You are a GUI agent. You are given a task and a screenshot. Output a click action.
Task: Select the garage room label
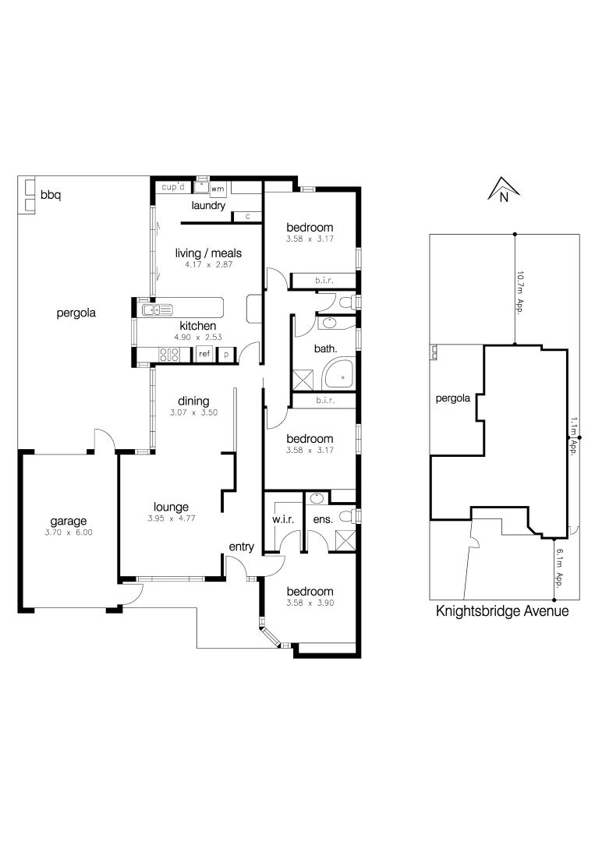click(x=69, y=522)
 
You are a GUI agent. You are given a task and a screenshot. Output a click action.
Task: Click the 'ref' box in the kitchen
click(x=204, y=354)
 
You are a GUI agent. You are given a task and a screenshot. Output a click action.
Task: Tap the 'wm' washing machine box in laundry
click(x=218, y=189)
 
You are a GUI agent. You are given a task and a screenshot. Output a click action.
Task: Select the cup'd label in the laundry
click(x=172, y=188)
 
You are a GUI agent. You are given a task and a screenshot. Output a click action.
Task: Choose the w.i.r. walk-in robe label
click(x=282, y=518)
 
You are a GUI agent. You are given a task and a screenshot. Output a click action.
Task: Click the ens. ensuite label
click(x=323, y=518)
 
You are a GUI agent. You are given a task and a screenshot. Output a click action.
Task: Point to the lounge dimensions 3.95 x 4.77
click(x=171, y=518)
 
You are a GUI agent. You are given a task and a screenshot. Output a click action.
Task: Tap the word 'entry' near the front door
click(x=241, y=547)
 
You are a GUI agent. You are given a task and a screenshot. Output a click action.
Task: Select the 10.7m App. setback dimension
click(x=519, y=291)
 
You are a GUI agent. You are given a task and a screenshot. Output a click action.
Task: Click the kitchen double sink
click(x=157, y=310)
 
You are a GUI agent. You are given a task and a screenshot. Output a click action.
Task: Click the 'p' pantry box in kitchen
click(x=226, y=354)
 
